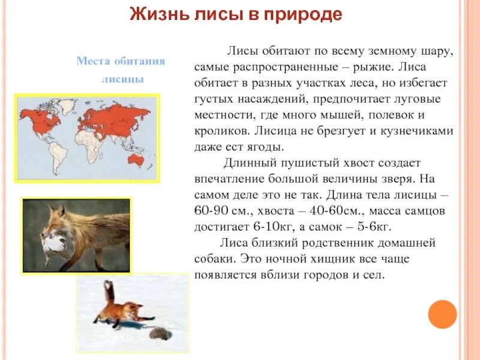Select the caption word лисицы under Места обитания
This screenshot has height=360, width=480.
coord(122,79)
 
